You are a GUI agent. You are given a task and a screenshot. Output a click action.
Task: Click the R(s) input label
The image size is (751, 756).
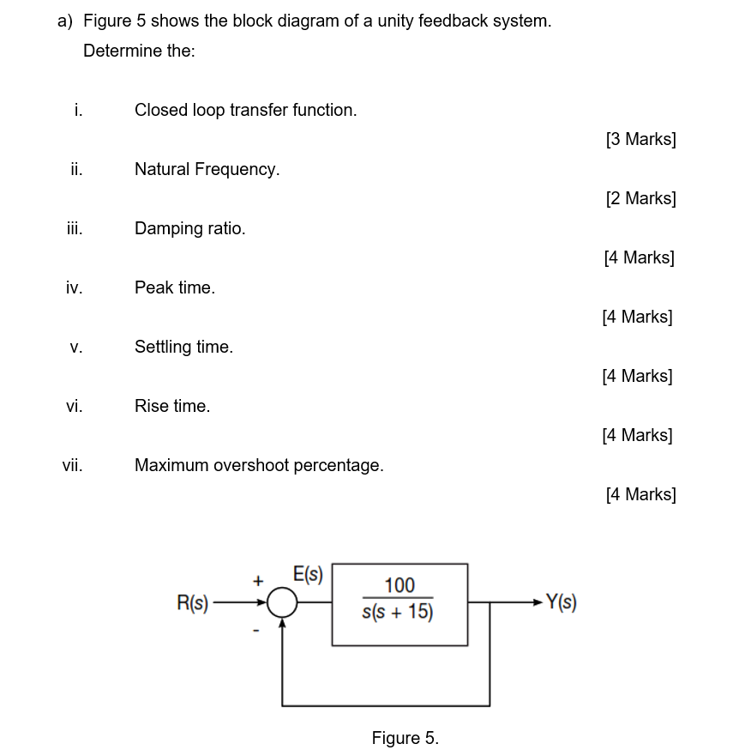click(x=192, y=603)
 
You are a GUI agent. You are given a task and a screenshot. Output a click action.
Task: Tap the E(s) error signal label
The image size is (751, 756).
click(x=308, y=574)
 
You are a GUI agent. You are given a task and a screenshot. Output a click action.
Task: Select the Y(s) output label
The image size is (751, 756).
click(x=561, y=603)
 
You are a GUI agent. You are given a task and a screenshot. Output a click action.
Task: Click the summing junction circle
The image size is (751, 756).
click(x=282, y=603)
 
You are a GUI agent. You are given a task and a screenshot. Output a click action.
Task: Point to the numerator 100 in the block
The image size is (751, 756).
click(x=400, y=585)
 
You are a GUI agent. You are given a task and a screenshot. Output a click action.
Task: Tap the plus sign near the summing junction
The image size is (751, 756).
click(x=256, y=581)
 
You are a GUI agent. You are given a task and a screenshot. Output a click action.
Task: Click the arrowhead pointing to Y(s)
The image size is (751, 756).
click(x=537, y=603)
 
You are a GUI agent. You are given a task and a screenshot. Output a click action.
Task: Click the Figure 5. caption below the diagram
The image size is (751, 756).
click(x=405, y=738)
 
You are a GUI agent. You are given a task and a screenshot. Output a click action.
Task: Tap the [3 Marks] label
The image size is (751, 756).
click(x=640, y=139)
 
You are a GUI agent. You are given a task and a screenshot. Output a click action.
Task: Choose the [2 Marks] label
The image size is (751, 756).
click(x=640, y=198)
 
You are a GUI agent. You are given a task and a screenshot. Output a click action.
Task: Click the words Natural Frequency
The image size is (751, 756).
click(x=207, y=169)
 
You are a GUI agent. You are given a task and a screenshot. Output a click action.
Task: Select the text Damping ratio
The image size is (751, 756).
click(x=189, y=228)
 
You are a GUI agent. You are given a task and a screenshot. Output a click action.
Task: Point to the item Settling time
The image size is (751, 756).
click(x=183, y=347)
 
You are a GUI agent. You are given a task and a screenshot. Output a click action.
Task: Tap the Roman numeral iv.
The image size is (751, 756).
click(x=74, y=287)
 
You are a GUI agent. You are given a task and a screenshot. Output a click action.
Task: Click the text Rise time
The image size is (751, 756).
click(x=171, y=406)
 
